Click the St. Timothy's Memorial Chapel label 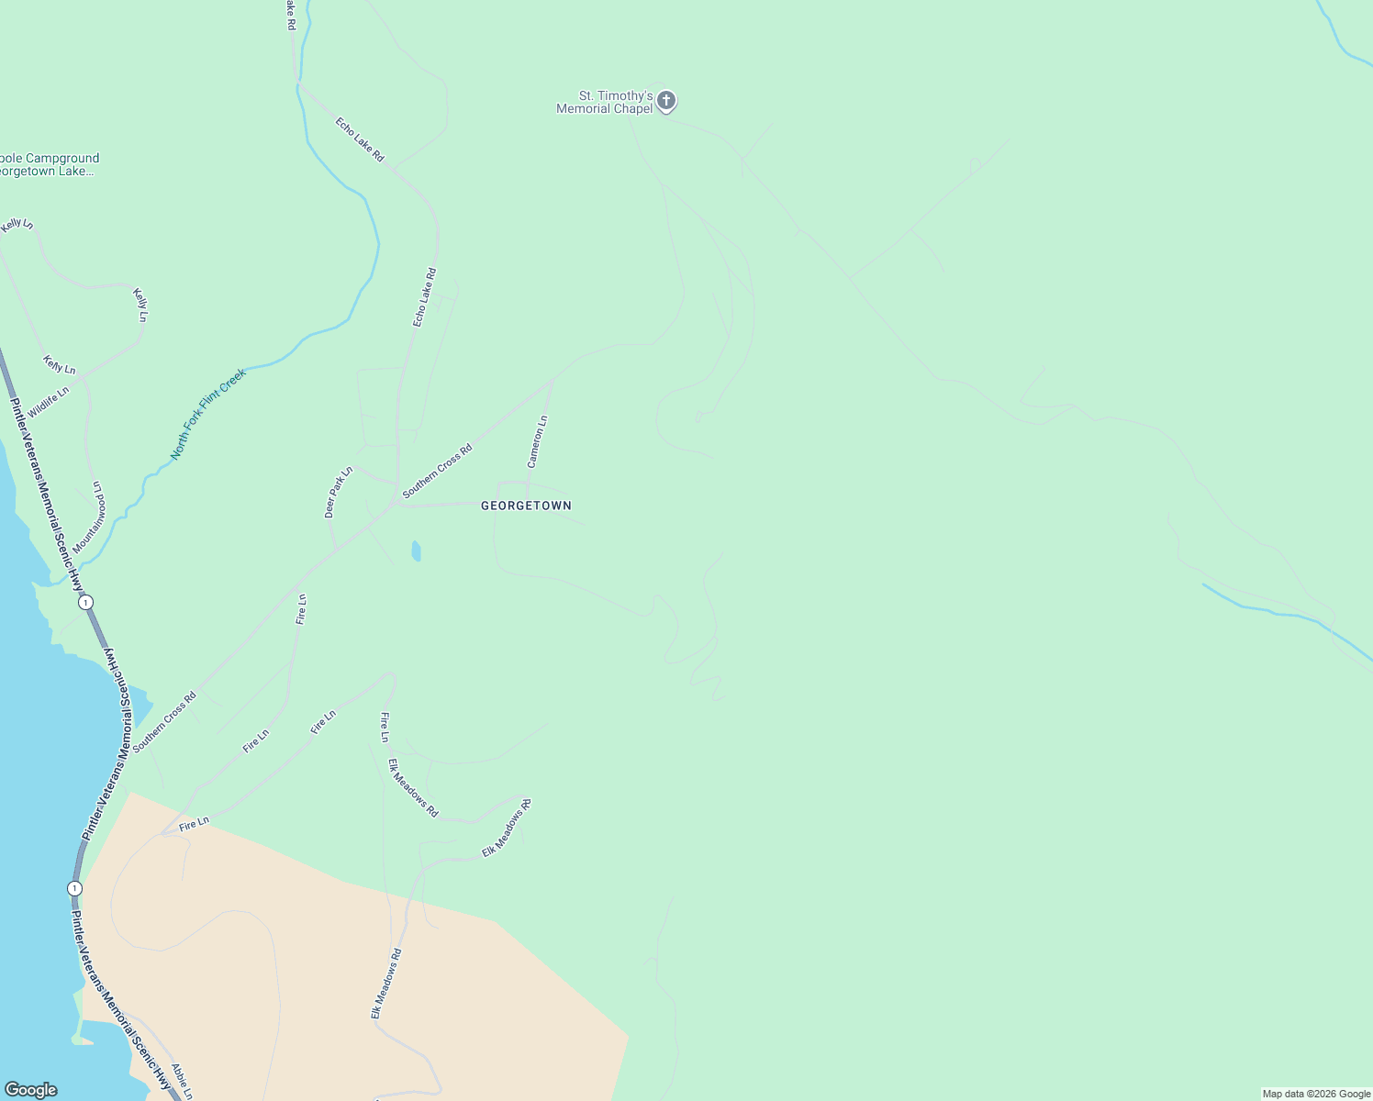tap(604, 102)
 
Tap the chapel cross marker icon tap(666, 100)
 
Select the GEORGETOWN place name tap(526, 506)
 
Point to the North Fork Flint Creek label tap(208, 414)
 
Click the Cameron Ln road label tap(537, 441)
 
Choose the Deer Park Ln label tap(338, 492)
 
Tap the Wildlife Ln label tap(48, 402)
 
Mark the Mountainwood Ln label tap(89, 517)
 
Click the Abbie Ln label tap(182, 1081)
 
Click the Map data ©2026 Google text tap(1316, 1094)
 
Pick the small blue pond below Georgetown tap(416, 550)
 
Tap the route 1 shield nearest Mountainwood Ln tap(85, 602)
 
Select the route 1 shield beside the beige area tap(74, 888)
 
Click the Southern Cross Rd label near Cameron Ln tap(437, 471)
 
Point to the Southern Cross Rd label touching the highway tap(164, 722)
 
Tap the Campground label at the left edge tap(50, 164)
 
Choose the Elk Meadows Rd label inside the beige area tap(385, 984)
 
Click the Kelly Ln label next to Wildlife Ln tap(60, 365)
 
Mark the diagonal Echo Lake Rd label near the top tap(359, 139)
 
